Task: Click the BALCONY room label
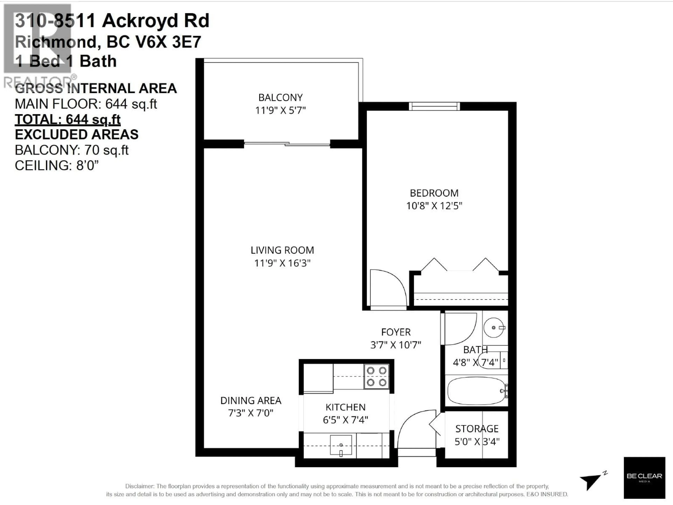click(280, 97)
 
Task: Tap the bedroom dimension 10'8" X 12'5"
click(434, 206)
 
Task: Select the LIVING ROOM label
click(282, 250)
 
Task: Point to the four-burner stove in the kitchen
click(376, 376)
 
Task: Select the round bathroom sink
click(494, 328)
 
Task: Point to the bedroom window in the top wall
click(434, 106)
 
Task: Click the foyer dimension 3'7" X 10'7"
click(396, 345)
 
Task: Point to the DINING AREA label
click(251, 401)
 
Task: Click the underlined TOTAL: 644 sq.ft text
click(67, 119)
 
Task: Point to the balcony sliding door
click(287, 144)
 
